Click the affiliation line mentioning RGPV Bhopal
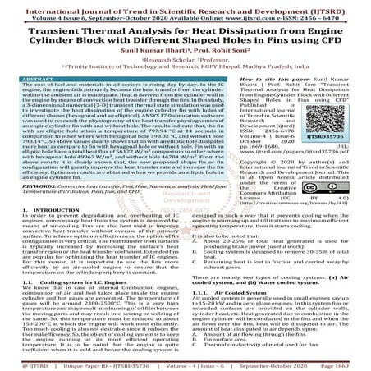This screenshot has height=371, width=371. click(x=185, y=66)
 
